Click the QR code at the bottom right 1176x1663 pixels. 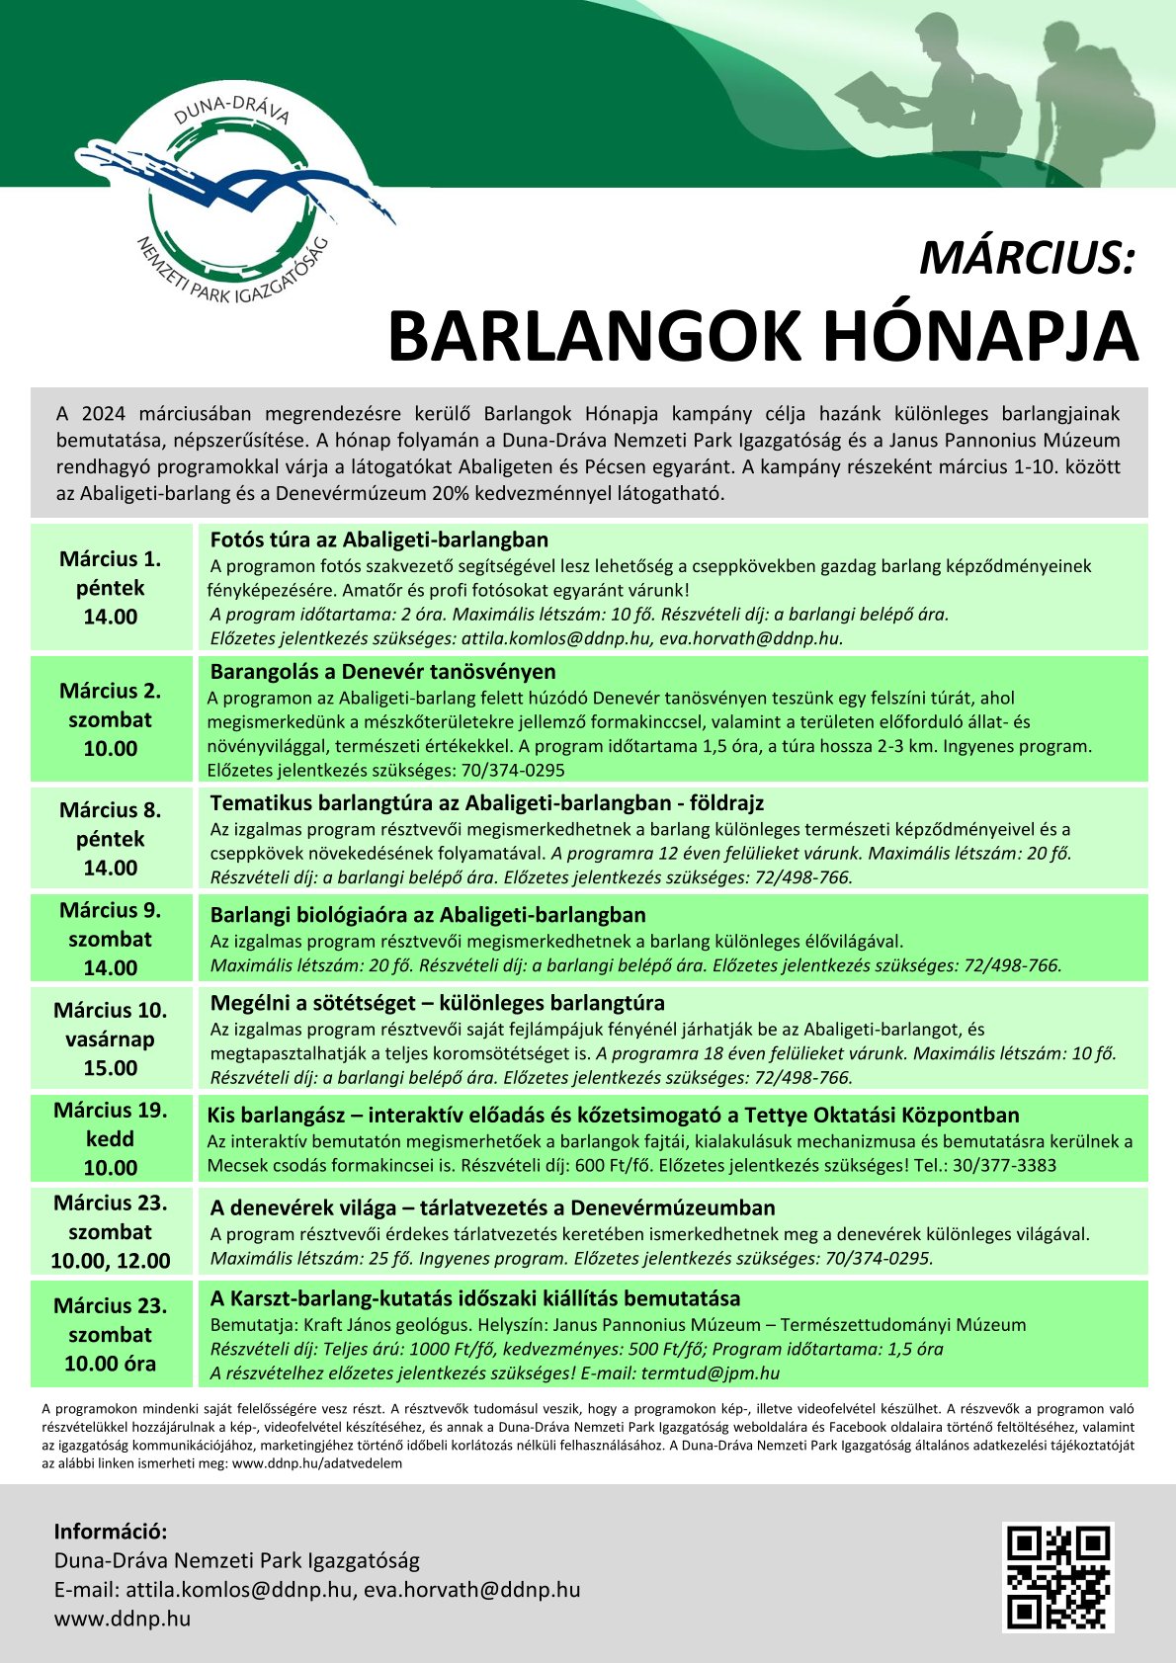[x=1058, y=1576]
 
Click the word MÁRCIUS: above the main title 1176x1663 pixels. [x=1028, y=259]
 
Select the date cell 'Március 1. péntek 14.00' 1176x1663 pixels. [x=111, y=588]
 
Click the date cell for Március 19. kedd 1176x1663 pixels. [x=111, y=1138]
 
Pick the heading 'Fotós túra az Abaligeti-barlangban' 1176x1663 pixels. [x=378, y=540]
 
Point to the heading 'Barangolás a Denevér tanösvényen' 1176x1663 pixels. [x=382, y=672]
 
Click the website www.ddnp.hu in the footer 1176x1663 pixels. [x=123, y=1619]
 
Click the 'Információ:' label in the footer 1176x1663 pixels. [x=111, y=1532]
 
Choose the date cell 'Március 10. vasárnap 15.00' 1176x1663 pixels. [x=111, y=1039]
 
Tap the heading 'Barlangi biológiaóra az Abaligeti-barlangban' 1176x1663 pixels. [x=428, y=915]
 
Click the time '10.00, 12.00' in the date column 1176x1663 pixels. [x=111, y=1261]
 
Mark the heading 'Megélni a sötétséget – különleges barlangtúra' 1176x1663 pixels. [x=437, y=1003]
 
